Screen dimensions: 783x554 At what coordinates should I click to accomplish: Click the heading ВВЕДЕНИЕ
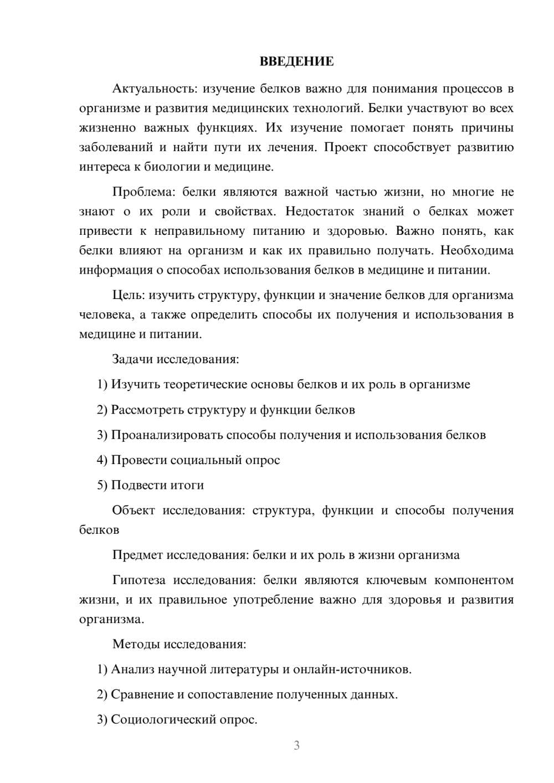tap(296, 61)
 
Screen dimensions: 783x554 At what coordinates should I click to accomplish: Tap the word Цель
tap(128, 295)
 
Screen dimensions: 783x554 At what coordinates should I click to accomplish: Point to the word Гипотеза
tap(138, 580)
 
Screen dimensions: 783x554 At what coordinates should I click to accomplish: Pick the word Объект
tap(134, 511)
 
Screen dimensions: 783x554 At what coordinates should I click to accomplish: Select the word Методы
tap(133, 644)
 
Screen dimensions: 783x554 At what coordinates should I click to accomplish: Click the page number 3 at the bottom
tap(296, 745)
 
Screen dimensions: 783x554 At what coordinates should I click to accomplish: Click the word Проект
tap(345, 147)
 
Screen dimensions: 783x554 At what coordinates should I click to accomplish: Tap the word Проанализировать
tap(167, 435)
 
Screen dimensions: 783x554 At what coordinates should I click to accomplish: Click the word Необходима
tap(477, 250)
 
